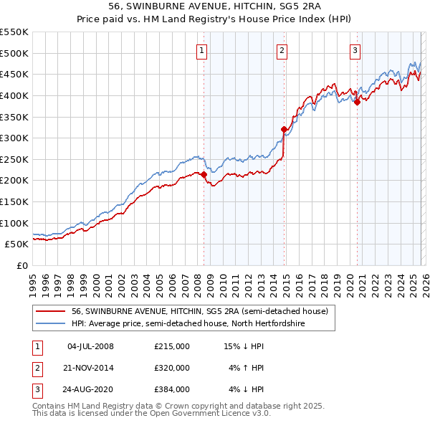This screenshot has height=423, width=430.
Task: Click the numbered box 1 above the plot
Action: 203,50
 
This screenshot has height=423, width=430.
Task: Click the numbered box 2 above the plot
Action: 282,50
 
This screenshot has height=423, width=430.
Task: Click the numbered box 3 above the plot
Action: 355,50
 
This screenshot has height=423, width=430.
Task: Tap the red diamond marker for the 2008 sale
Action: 204,174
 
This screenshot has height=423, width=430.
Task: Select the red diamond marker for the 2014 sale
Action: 284,129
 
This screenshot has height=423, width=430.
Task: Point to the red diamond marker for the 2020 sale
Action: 357,102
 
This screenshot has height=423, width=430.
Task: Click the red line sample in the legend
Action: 50,312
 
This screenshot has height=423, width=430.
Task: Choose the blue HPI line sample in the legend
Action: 50,324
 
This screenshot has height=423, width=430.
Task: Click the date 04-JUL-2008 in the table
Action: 90,346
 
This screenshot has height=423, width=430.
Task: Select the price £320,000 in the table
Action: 172,368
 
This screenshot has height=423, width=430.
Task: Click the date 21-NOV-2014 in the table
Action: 90,368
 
